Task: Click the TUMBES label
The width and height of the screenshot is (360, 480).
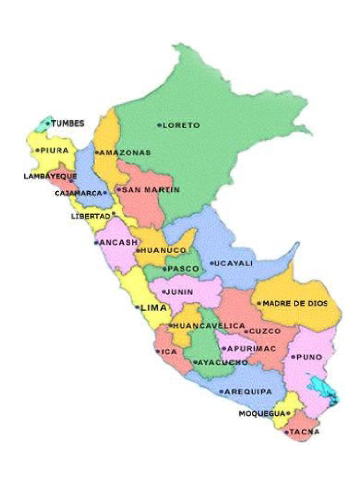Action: (68, 124)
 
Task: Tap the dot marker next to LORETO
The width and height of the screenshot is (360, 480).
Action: (159, 125)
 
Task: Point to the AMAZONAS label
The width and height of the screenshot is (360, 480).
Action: (125, 152)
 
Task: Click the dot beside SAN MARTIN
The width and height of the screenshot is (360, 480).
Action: (119, 190)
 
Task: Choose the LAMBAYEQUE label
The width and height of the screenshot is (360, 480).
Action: (50, 176)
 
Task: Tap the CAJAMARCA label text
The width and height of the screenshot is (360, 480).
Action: (78, 193)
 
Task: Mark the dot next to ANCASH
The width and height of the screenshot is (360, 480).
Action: (96, 243)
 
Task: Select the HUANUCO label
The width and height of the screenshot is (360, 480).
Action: (164, 251)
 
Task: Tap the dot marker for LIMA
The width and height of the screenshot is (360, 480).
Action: (137, 307)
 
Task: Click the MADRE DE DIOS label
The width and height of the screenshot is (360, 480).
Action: (295, 303)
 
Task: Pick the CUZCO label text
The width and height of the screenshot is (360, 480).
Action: (265, 331)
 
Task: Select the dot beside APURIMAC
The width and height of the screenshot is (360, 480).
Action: (224, 349)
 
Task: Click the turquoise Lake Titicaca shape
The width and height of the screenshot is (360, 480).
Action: (322, 389)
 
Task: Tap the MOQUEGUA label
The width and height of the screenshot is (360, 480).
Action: (262, 413)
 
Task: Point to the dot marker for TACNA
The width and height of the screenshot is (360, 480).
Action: (286, 432)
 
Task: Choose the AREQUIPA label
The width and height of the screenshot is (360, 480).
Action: (248, 391)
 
